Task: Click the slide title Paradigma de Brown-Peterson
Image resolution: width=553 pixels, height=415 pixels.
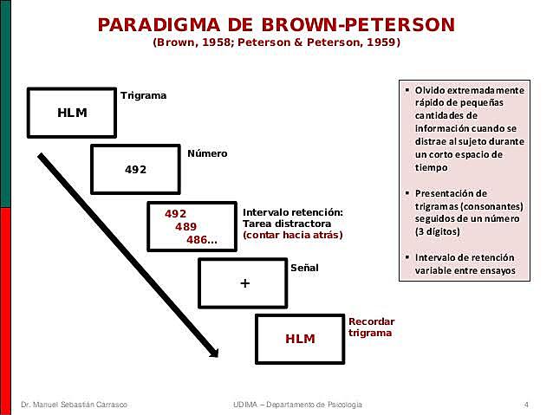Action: click(x=276, y=23)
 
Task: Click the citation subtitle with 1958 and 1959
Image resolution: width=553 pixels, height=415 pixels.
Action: click(x=276, y=42)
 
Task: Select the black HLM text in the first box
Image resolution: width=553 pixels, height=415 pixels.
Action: click(x=72, y=113)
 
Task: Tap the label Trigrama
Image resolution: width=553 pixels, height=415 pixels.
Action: click(x=143, y=94)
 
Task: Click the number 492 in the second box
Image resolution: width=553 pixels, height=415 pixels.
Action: click(x=136, y=168)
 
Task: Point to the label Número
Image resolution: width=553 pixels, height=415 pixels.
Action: click(x=207, y=153)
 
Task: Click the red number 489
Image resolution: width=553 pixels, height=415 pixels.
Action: click(x=185, y=226)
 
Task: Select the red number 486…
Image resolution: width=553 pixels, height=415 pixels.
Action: click(x=202, y=239)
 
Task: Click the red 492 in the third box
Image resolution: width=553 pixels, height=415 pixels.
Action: click(x=175, y=212)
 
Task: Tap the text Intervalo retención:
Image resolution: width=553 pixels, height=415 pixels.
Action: click(x=293, y=211)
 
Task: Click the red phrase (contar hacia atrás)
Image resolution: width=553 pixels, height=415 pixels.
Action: click(x=292, y=235)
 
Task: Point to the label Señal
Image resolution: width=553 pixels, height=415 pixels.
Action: click(x=304, y=268)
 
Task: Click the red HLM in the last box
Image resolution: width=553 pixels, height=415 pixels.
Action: click(x=301, y=338)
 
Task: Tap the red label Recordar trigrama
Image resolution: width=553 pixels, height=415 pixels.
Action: click(x=370, y=327)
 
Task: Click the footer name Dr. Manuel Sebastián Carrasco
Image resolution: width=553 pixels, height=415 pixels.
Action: click(x=80, y=405)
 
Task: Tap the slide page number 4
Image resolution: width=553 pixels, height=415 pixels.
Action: click(x=526, y=405)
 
